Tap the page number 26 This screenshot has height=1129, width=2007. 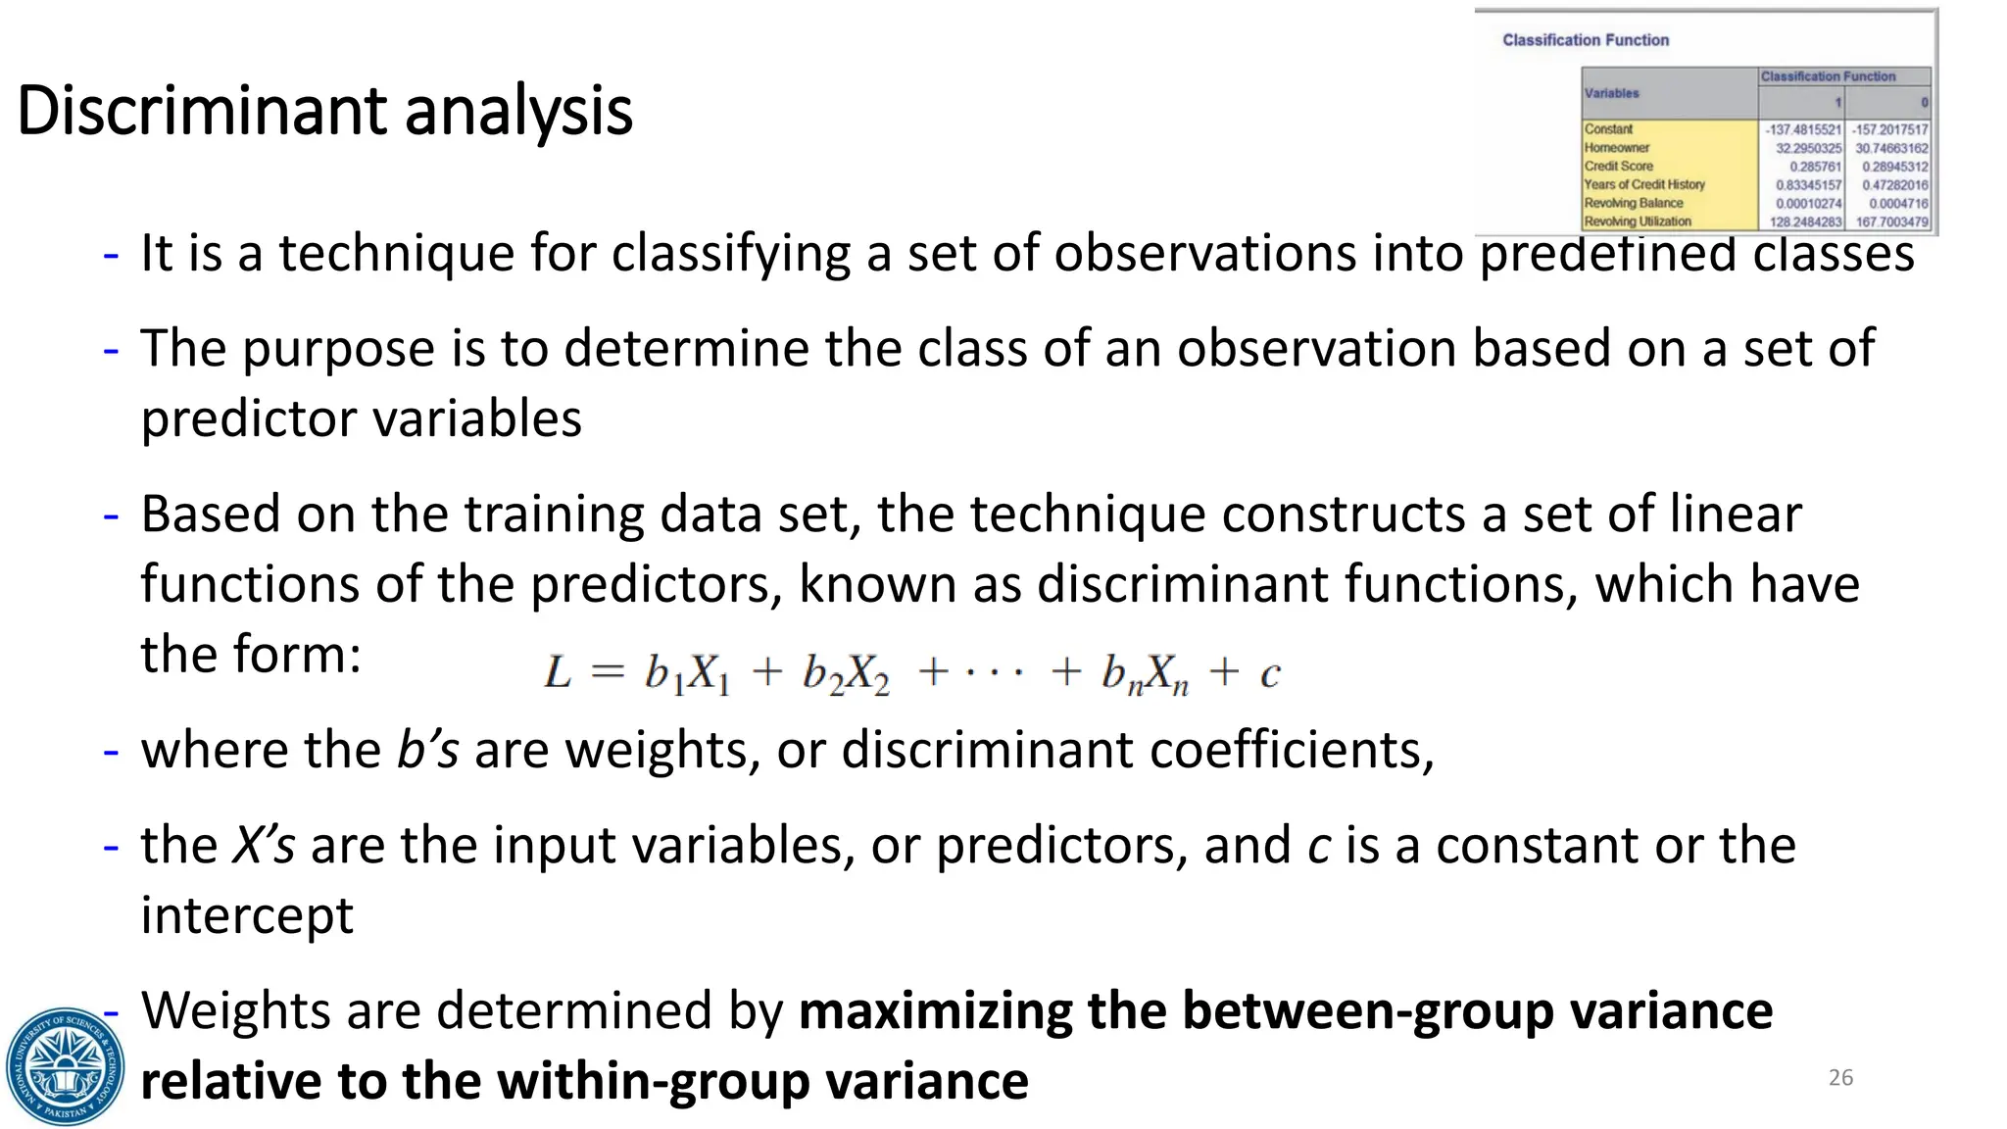coord(1840,1077)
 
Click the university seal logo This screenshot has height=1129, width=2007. coord(65,1066)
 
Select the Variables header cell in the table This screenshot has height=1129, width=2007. coord(1612,93)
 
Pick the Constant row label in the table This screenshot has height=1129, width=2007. coord(1609,129)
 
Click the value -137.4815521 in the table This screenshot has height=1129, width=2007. coord(1802,129)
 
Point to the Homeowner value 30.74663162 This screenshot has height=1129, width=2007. coord(1890,148)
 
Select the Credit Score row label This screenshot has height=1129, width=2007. coord(1619,167)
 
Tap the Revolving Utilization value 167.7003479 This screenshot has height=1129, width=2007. coord(1890,221)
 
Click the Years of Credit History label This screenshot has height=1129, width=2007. coord(1644,184)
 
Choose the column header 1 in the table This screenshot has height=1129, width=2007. coord(1837,102)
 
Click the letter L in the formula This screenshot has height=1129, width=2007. coord(558,673)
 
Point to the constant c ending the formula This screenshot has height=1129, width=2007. coord(1270,674)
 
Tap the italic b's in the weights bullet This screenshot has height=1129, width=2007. coord(427,751)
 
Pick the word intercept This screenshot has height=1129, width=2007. coord(247,915)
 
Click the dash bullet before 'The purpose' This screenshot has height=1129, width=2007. coord(111,350)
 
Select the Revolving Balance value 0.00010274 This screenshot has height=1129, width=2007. coord(1808,203)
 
